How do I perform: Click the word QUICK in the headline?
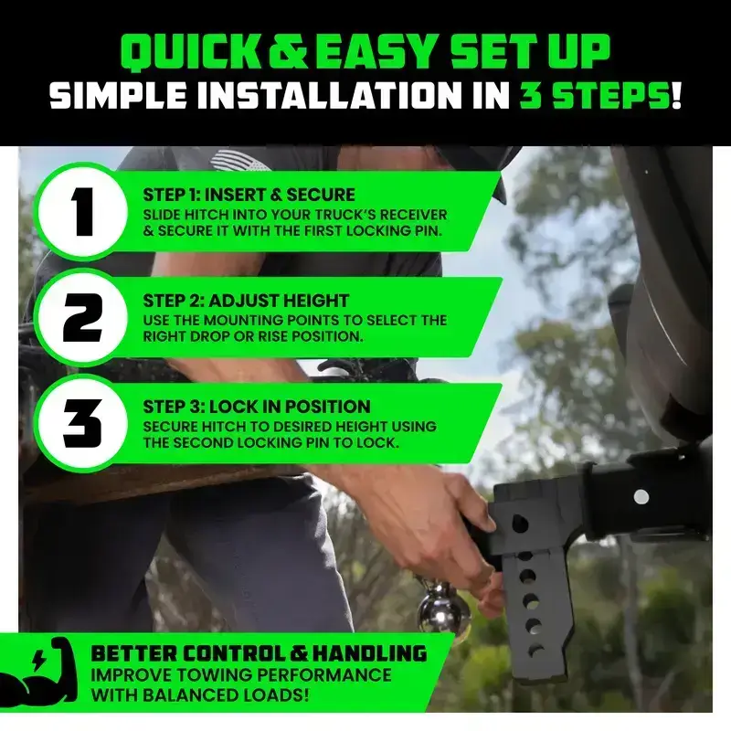192,52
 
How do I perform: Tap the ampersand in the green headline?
288,51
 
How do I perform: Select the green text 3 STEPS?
595,96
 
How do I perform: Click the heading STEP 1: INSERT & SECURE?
249,195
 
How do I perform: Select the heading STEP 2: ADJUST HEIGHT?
246,301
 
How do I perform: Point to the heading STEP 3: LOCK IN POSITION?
257,407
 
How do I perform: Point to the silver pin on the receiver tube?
641,497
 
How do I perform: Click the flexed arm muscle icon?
37,672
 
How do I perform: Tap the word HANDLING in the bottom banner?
370,653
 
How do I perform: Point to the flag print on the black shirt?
239,161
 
